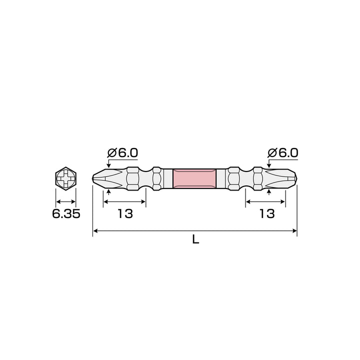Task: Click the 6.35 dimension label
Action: pyautogui.click(x=66, y=214)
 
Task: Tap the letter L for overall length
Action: pyautogui.click(x=195, y=240)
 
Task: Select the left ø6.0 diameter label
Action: pyautogui.click(x=122, y=153)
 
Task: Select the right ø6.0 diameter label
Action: pyautogui.click(x=282, y=153)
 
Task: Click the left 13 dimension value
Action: pyautogui.click(x=125, y=214)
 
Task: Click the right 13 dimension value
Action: pyautogui.click(x=267, y=214)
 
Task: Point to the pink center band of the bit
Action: pyautogui.click(x=194, y=179)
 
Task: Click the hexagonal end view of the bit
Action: pyautogui.click(x=66, y=179)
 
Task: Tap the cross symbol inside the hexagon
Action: pyautogui.click(x=66, y=179)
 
